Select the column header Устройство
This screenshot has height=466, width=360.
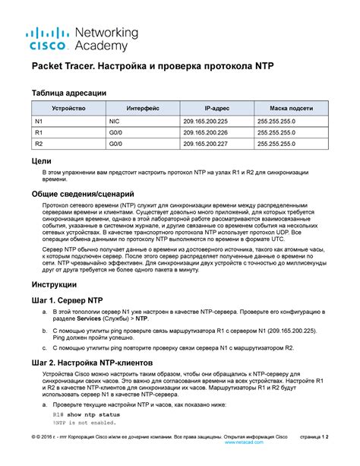[58, 109]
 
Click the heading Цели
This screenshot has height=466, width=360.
[42, 161]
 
